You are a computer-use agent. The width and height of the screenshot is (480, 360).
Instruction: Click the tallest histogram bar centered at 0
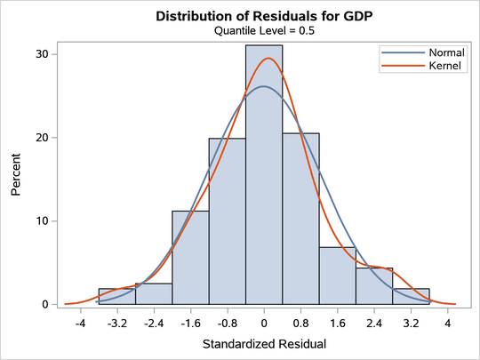tap(264, 178)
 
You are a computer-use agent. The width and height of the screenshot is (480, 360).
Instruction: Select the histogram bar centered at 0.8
tap(300, 222)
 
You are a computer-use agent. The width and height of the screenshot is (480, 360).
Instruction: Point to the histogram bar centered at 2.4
tap(374, 287)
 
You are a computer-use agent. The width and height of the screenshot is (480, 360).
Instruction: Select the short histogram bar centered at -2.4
tap(154, 294)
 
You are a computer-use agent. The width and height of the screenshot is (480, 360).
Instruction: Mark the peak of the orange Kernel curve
tap(268, 59)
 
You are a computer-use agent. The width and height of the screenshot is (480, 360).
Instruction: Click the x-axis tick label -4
tap(80, 322)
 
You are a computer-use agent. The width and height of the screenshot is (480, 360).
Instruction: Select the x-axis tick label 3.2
tap(411, 322)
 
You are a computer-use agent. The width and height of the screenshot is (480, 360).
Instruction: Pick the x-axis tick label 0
tap(264, 322)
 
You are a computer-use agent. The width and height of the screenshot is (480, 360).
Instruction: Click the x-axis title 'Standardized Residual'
tap(264, 343)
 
